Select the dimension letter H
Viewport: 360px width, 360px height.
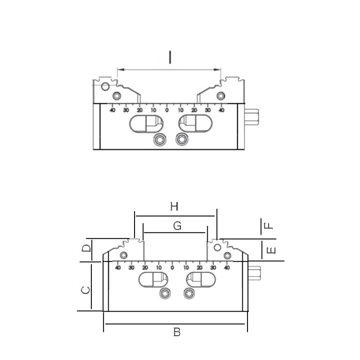point(174,206)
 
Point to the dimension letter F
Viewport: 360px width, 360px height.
point(269,225)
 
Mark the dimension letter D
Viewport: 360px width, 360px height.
point(86,248)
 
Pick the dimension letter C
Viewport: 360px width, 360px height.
point(86,290)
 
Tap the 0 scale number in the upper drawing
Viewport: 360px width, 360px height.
point(167,110)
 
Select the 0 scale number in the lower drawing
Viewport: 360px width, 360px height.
point(172,268)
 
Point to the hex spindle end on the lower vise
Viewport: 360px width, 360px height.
point(255,273)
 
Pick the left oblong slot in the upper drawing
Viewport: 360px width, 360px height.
point(146,124)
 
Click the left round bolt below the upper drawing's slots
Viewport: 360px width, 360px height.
point(160,139)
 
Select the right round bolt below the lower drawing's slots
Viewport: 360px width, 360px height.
point(189,293)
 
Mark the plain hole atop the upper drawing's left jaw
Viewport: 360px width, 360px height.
point(105,86)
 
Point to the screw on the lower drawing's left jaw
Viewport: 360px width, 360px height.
point(124,255)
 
